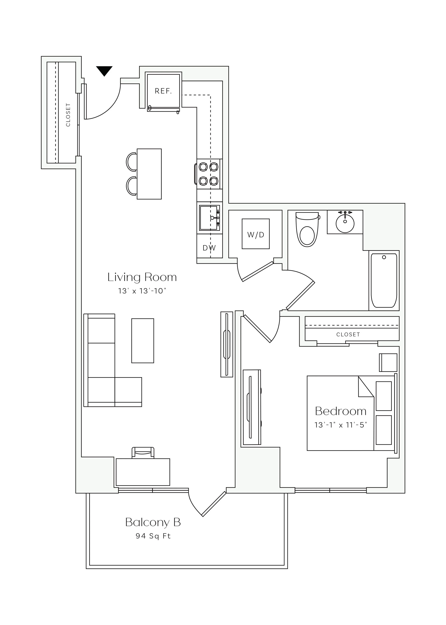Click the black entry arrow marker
[104, 70]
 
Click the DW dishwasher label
[209, 248]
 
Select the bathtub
[384, 280]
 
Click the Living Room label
[142, 277]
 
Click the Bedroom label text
[340, 411]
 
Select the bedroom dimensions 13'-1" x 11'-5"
[340, 425]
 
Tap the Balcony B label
[153, 522]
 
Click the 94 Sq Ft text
[153, 536]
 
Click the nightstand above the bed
[388, 362]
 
